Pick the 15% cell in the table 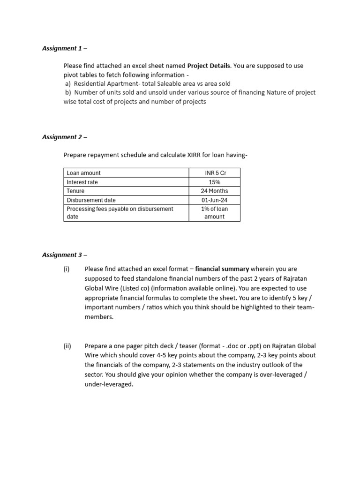click(x=215, y=182)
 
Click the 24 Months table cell click(x=215, y=191)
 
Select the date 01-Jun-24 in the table click(x=215, y=200)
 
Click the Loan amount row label click(x=83, y=173)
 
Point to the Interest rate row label click(x=82, y=182)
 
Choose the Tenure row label click(x=75, y=191)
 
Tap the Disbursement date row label click(x=91, y=200)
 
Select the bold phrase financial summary click(x=222, y=269)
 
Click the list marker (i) click(x=66, y=269)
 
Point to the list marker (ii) click(x=67, y=346)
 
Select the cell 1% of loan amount click(x=215, y=213)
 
